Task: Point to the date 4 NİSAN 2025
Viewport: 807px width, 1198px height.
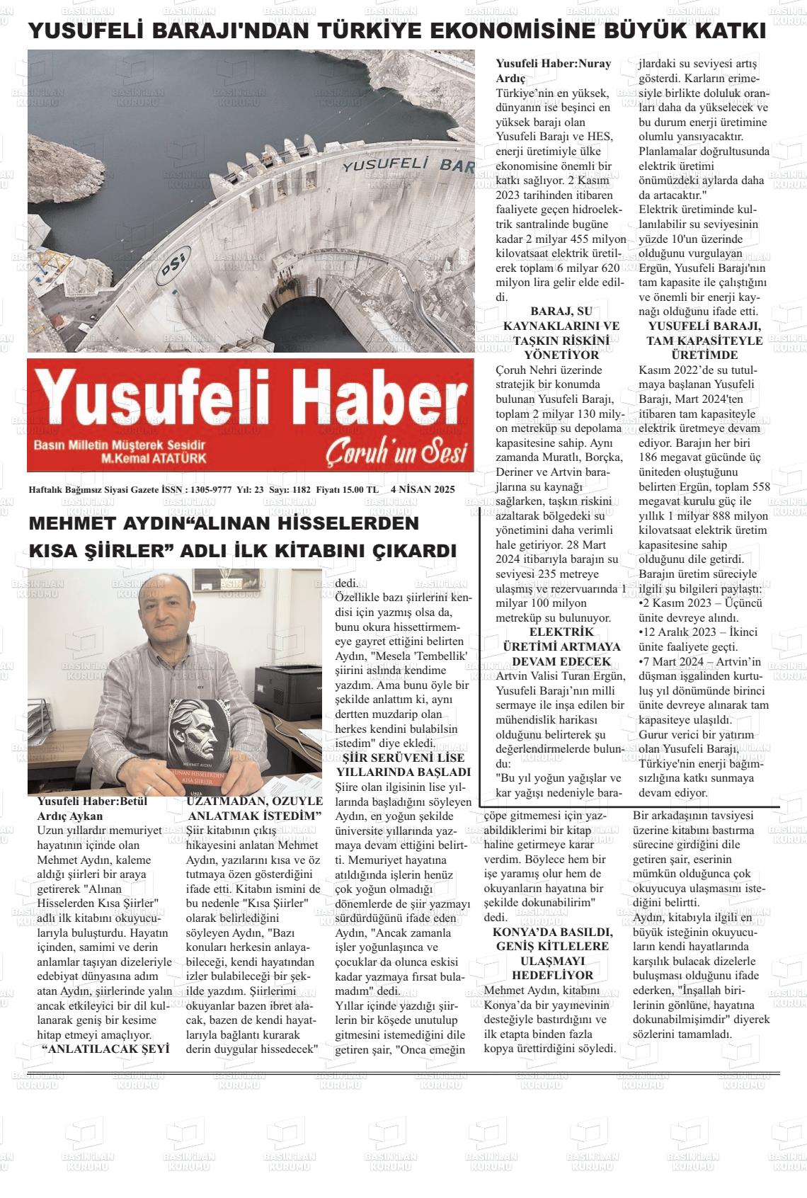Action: pyautogui.click(x=422, y=489)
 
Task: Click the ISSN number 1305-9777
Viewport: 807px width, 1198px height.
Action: pyautogui.click(x=211, y=489)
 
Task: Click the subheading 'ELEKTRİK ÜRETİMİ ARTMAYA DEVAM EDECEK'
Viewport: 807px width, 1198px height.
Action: pyautogui.click(x=551, y=646)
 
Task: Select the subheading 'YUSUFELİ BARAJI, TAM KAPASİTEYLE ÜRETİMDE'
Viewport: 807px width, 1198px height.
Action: pyautogui.click(x=705, y=341)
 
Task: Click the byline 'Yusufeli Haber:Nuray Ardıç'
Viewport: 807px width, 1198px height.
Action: pyautogui.click(x=553, y=70)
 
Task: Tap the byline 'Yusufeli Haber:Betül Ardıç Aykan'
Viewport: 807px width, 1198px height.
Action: pyautogui.click(x=92, y=808)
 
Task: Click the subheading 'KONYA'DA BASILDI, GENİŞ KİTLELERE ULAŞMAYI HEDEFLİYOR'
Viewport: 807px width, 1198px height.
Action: pyautogui.click(x=551, y=953)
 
